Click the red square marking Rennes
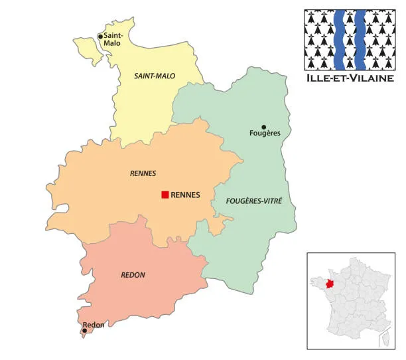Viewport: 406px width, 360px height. [165, 195]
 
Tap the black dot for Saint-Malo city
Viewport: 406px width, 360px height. [100, 37]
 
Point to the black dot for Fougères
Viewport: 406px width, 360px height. [263, 127]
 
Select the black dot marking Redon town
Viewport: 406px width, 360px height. [84, 330]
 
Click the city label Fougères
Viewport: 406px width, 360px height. [265, 134]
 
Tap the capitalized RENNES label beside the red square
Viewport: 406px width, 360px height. [186, 195]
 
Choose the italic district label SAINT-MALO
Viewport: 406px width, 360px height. [155, 76]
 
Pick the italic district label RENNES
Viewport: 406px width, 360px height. [143, 173]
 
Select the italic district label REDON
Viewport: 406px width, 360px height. [133, 275]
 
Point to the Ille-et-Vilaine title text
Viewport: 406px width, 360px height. [350, 79]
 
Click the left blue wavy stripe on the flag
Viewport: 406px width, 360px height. [340, 39]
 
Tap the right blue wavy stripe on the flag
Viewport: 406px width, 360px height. [360, 39]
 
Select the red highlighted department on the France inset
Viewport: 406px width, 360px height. [312, 284]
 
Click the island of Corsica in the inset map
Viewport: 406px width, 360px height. [383, 339]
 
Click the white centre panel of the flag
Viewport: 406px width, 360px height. [350, 39]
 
